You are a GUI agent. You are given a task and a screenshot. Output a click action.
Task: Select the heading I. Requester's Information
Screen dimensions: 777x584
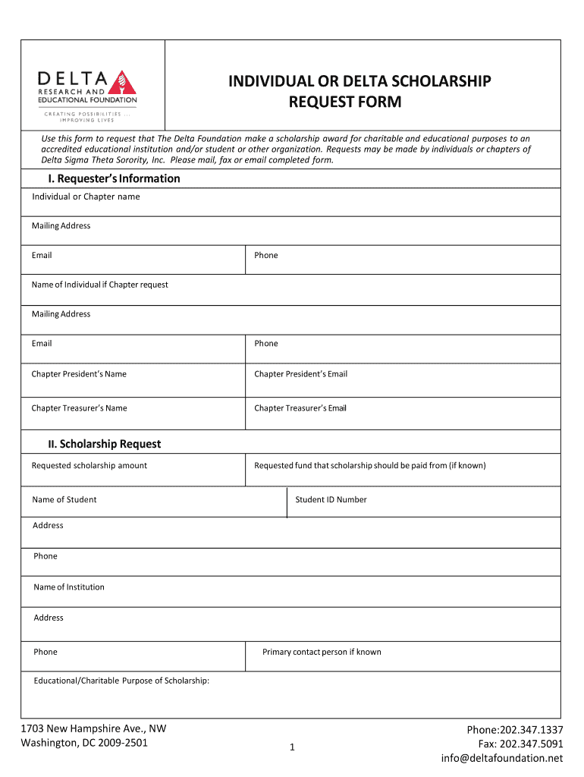coord(110,178)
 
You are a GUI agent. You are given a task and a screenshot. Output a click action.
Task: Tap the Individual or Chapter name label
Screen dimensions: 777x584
coord(86,197)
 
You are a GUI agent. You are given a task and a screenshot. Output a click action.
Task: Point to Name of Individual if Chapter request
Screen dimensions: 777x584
coord(99,285)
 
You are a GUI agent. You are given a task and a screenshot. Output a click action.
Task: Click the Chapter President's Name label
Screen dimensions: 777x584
coord(79,373)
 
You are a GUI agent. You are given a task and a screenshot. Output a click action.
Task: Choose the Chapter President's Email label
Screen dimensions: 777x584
coord(300,373)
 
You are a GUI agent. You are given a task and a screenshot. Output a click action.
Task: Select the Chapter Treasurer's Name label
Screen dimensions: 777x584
coord(79,408)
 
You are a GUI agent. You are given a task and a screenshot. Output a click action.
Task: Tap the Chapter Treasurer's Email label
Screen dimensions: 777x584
coord(300,408)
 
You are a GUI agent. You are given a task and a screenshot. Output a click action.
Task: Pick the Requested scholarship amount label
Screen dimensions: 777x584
coord(89,465)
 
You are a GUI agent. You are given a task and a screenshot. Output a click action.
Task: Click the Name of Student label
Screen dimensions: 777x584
coord(64,499)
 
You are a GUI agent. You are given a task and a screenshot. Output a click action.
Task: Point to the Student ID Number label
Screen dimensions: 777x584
coord(331,499)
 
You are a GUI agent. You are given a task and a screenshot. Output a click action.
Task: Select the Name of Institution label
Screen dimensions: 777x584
coord(69,587)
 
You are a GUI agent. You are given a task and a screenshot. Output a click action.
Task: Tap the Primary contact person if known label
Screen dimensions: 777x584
coord(322,652)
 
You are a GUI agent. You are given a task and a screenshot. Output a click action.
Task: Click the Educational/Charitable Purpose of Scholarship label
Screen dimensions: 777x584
coord(121,681)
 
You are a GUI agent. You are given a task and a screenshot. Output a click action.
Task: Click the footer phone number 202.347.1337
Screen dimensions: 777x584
coord(532,730)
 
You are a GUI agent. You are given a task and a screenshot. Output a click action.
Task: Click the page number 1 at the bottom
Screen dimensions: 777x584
coord(291,748)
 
